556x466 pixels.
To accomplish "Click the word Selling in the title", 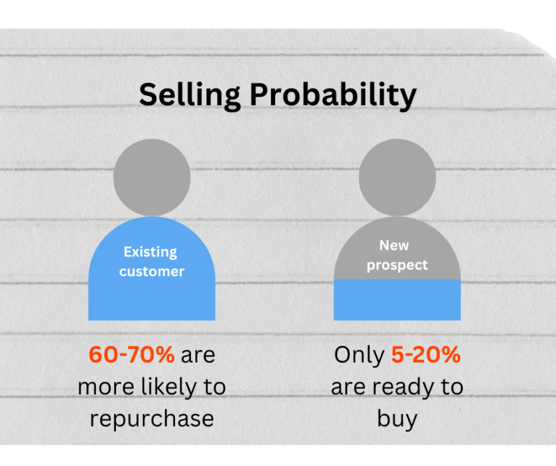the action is tap(190, 95).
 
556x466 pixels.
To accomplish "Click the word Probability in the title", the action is tap(333, 95).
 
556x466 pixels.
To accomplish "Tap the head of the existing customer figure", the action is tap(152, 177).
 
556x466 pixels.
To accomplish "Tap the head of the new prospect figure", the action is tap(397, 177).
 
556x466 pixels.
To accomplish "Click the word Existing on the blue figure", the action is tap(150, 252).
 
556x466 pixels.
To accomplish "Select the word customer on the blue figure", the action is tap(152, 272).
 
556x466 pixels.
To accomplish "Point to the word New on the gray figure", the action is tap(394, 246).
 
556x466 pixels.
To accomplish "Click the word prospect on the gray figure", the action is tap(397, 266).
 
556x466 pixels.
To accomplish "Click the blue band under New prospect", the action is tap(397, 300).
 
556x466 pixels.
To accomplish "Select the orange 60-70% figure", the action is tap(131, 354).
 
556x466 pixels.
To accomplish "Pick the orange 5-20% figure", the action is tap(425, 354).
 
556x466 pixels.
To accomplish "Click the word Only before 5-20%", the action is tap(359, 355).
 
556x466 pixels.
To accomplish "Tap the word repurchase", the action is tap(152, 419).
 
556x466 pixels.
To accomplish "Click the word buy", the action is tap(397, 419).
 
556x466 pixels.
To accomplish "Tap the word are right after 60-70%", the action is tap(198, 355).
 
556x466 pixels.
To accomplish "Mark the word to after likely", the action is tap(214, 387).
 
